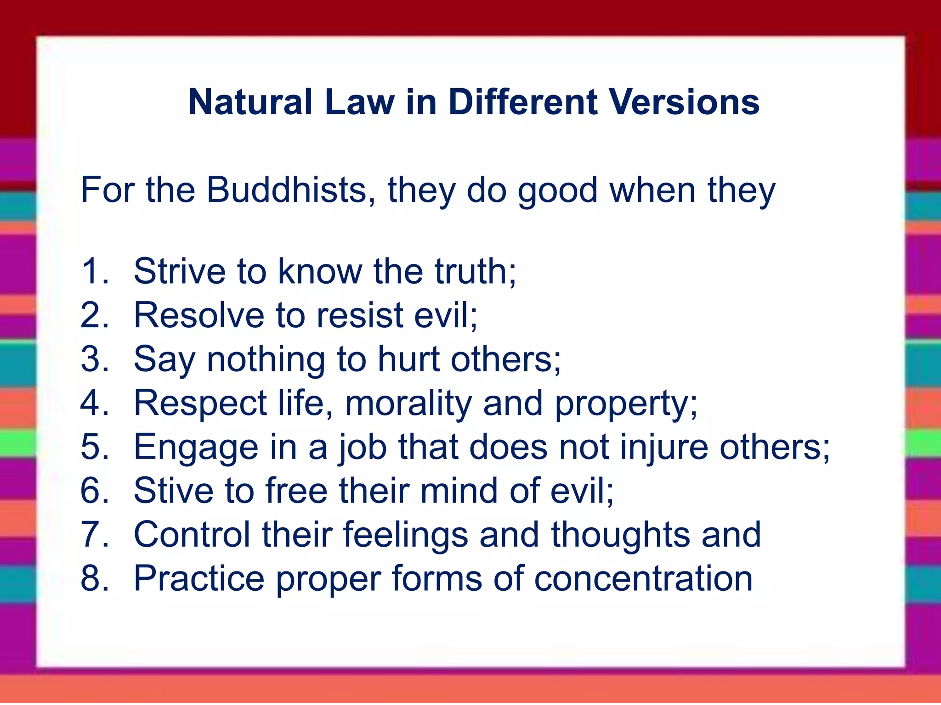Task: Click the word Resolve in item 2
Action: coord(199,315)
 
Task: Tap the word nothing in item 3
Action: coord(266,359)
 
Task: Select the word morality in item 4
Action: coord(408,403)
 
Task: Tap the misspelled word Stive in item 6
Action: coord(174,491)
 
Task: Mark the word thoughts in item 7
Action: coord(620,535)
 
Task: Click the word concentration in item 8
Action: coord(643,579)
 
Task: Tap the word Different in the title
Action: coord(523,102)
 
